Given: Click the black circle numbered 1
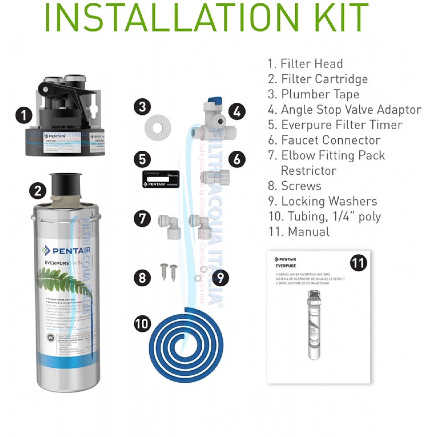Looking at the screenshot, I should (24, 115).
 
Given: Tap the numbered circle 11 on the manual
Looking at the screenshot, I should (358, 263).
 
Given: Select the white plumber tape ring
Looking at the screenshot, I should (158, 128).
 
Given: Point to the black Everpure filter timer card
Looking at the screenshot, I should (161, 179).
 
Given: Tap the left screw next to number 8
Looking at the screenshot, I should (164, 271).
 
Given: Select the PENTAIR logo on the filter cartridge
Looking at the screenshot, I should (67, 250).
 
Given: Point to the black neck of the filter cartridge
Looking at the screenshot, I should (66, 184).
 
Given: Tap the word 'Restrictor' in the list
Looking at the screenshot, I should (308, 171).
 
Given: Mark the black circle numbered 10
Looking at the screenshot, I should (142, 324).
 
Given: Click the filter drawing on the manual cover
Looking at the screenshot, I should (314, 325).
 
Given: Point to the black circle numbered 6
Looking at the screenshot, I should (237, 159).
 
